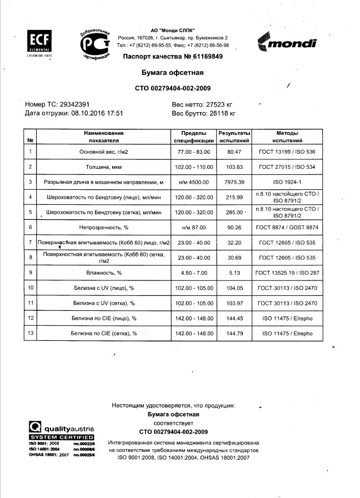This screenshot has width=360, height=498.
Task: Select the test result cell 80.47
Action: tap(234, 152)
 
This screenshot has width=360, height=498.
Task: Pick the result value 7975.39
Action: tap(234, 182)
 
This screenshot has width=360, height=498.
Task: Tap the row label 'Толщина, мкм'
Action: tap(104, 167)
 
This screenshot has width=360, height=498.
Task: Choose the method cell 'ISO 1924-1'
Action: tap(287, 182)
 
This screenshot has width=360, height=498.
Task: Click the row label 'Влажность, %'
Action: tap(104, 273)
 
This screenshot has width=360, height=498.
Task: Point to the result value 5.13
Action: tap(234, 273)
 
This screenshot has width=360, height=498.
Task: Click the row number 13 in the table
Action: tap(31, 333)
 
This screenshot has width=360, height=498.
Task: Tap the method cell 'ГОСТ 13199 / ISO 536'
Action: tap(287, 152)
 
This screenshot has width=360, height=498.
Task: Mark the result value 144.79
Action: tap(234, 333)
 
